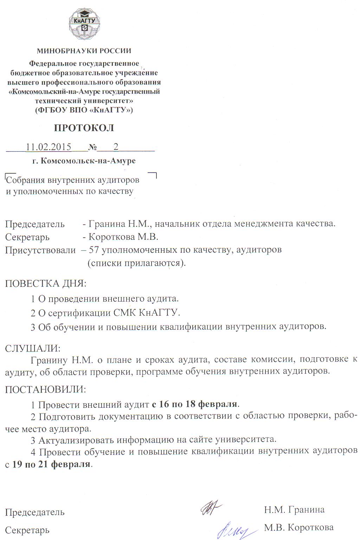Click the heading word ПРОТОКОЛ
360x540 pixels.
pyautogui.click(x=84, y=128)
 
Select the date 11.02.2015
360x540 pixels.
pyautogui.click(x=49, y=147)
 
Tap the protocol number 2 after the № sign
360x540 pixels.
pyautogui.click(x=116, y=147)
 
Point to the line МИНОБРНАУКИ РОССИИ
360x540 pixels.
pyautogui.click(x=84, y=51)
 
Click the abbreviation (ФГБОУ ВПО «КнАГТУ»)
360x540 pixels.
pyautogui.click(x=84, y=110)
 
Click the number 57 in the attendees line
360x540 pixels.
pyautogui.click(x=94, y=250)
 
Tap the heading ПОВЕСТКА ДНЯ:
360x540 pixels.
pyautogui.click(x=46, y=283)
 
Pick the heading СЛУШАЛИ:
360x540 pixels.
pyautogui.click(x=33, y=348)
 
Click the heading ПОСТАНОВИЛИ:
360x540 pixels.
pyautogui.click(x=45, y=390)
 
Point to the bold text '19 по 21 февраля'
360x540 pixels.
pyautogui.click(x=51, y=464)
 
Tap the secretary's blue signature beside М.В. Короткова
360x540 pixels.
pyautogui.click(x=233, y=529)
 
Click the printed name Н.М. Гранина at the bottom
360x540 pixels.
pyautogui.click(x=294, y=509)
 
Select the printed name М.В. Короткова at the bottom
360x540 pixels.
pyautogui.click(x=299, y=527)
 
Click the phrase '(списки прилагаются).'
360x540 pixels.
pyautogui.click(x=136, y=263)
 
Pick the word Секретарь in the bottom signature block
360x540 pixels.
pyautogui.click(x=27, y=530)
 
